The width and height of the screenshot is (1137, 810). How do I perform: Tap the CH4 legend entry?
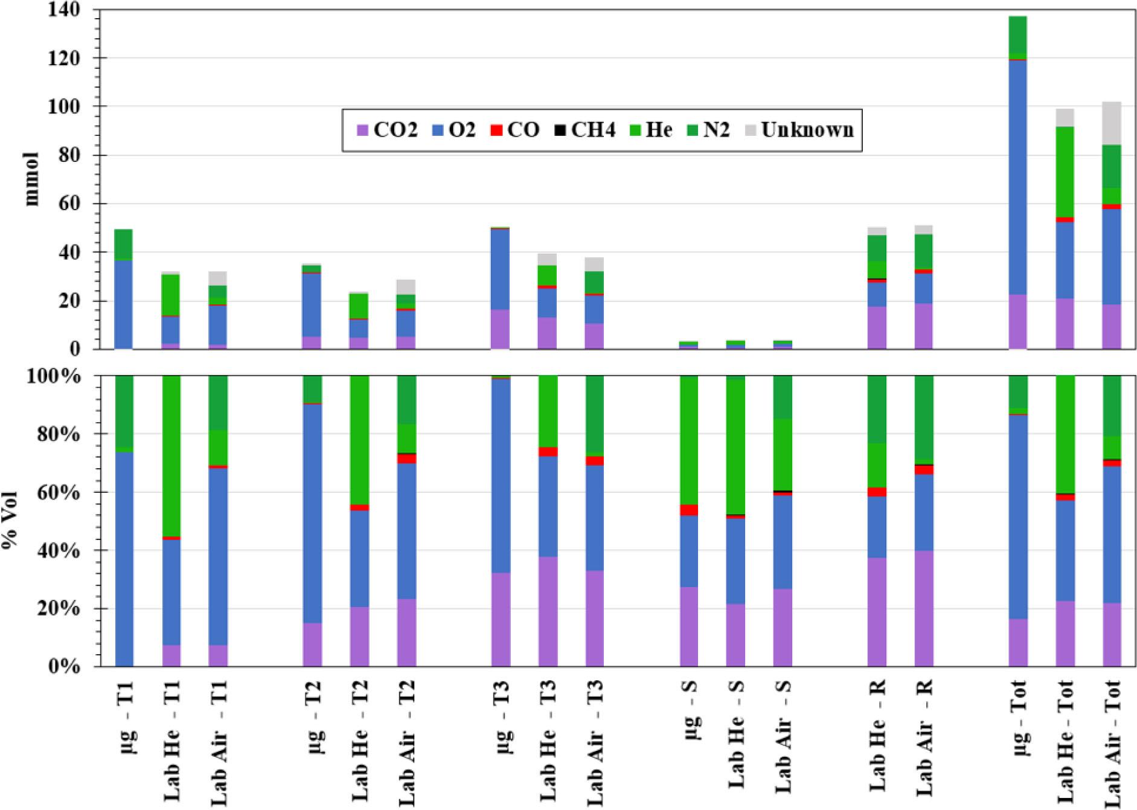[x=585, y=130]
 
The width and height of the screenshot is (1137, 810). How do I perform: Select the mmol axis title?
[x=31, y=179]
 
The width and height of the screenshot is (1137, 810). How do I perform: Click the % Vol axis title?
[x=10, y=520]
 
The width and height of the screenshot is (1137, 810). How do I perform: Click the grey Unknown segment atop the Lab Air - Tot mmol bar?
[x=1112, y=123]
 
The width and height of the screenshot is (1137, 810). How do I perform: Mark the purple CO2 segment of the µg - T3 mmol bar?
[x=500, y=329]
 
